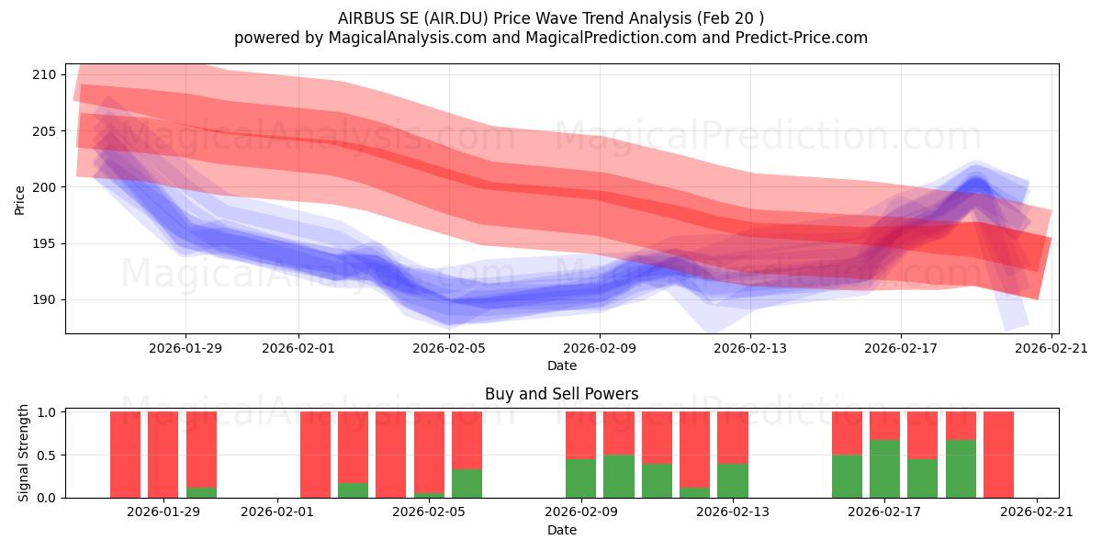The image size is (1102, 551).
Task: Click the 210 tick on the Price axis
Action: (x=44, y=74)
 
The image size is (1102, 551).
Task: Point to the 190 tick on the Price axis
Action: (x=44, y=300)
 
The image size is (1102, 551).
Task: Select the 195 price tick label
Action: (x=44, y=243)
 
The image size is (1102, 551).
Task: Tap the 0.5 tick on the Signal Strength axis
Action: (x=47, y=455)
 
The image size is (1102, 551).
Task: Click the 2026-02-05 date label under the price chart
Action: (x=449, y=348)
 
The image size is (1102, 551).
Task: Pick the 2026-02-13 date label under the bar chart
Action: (x=733, y=512)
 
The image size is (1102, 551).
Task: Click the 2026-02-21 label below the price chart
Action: (x=1051, y=348)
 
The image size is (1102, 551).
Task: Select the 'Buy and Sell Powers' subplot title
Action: (x=562, y=394)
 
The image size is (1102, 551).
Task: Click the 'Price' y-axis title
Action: (x=19, y=200)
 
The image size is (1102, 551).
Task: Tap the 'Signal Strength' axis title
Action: (x=23, y=453)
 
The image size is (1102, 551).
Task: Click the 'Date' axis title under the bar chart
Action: (x=562, y=530)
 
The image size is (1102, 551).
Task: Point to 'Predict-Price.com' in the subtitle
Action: (x=802, y=38)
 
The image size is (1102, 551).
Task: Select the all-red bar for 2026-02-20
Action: (x=999, y=455)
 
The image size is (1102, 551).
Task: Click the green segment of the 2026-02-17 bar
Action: (x=884, y=469)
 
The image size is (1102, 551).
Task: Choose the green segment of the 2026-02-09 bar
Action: (x=580, y=478)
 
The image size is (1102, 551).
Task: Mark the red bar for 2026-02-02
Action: (x=315, y=455)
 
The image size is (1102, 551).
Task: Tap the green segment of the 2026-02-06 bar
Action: (x=467, y=484)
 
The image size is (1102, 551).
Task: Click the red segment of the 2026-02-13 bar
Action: (x=733, y=438)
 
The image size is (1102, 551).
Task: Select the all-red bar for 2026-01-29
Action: (x=163, y=455)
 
